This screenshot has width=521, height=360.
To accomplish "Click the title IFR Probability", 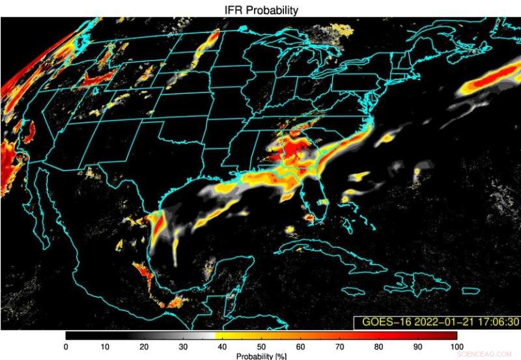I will (261, 10).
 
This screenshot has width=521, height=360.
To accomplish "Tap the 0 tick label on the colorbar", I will (66, 346).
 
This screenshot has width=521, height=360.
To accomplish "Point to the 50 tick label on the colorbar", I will (261, 346).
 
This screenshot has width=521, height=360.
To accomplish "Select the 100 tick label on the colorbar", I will (456, 346).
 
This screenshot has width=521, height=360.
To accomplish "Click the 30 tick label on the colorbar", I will (183, 346).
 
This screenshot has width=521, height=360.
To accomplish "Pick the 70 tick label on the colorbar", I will (339, 346).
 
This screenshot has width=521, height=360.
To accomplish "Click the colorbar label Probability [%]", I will (260, 355).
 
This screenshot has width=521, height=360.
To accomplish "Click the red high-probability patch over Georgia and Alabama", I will (293, 153).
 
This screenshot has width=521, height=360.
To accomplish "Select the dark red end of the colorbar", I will (449, 335).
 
